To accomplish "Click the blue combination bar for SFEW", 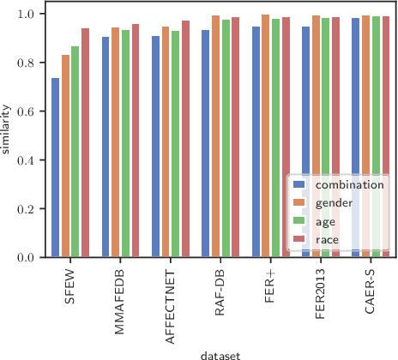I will [56, 168].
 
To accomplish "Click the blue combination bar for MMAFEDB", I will [106, 147].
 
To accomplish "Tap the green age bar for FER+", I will [275, 138].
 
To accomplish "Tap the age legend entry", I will [327, 221].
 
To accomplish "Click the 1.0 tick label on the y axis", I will [26, 15].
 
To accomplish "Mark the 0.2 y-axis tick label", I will [26, 209].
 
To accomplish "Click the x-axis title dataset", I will [220, 352].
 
